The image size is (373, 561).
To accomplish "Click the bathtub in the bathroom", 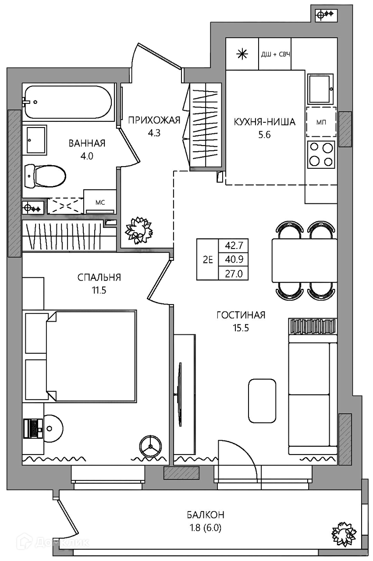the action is [67, 102].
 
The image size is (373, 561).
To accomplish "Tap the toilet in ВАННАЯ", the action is [45, 176].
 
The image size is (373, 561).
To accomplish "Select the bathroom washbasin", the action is [36, 140].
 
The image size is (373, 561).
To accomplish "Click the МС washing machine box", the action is [100, 202].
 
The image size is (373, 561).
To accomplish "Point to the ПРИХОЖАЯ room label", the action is [154, 120].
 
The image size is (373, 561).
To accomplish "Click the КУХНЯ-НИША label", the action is [265, 122].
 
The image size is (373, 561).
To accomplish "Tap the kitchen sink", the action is [320, 89].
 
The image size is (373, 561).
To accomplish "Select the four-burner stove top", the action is [321, 154].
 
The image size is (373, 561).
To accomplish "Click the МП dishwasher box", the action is [321, 122].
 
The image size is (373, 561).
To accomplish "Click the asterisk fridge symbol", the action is [242, 54].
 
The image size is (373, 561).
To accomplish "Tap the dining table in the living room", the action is [304, 260].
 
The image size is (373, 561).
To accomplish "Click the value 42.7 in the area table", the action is [234, 245].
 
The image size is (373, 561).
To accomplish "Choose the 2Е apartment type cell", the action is [208, 260].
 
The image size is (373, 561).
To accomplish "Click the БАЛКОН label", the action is [206, 515].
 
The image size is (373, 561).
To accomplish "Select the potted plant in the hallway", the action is [139, 230].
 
